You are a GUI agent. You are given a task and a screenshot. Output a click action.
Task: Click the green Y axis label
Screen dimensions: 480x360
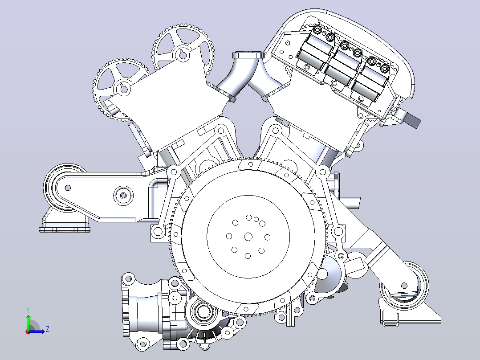tap(28, 310)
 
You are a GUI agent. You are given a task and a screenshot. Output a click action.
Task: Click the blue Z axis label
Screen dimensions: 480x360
tap(48, 329)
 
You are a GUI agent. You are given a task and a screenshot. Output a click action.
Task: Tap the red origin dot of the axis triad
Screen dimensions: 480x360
tap(28, 332)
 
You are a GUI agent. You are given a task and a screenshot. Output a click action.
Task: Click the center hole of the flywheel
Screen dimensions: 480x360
tap(248, 237)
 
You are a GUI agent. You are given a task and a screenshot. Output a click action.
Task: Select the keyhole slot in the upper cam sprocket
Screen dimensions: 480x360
tap(183, 54)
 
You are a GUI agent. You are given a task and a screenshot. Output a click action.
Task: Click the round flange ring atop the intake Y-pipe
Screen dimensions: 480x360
tap(248, 55)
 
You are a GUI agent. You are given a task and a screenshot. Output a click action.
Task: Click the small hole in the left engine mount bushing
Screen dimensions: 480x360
tap(68, 188)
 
